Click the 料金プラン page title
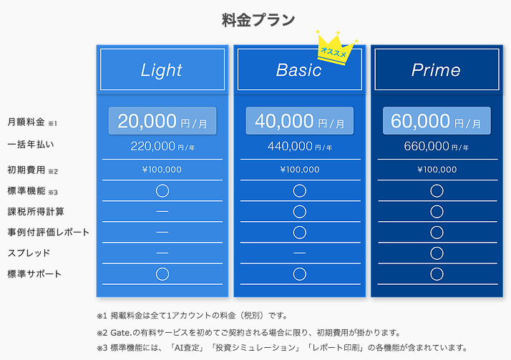(258, 20)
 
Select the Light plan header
(162, 69)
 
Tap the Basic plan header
(299, 69)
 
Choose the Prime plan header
(437, 69)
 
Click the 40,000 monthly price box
(299, 121)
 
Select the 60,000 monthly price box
(437, 121)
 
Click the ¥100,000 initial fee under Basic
(299, 170)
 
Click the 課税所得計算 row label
(36, 211)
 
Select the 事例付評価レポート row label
(48, 233)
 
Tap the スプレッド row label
(29, 253)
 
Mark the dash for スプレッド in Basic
(299, 253)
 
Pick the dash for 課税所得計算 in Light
(162, 211)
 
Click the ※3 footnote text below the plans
(282, 348)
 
